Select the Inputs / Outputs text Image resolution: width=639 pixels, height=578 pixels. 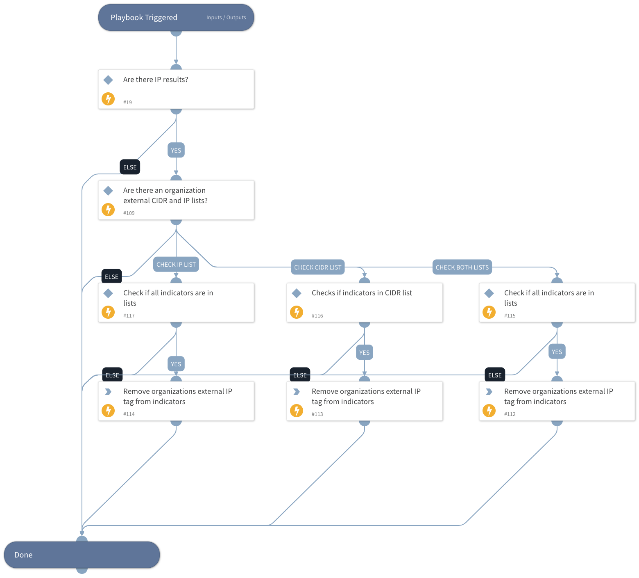click(x=226, y=18)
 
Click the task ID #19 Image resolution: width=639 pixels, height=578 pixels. click(x=127, y=103)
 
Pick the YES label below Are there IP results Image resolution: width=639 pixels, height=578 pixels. click(x=176, y=150)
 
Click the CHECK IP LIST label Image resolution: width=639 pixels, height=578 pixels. click(x=176, y=265)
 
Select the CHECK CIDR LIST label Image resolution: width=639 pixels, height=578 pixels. click(x=318, y=267)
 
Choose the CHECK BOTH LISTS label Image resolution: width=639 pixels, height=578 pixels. click(x=462, y=267)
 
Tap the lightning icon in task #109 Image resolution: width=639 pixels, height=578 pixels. click(x=108, y=210)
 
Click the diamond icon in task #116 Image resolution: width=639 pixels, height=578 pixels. click(x=297, y=293)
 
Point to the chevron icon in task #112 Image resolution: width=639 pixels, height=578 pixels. click(x=489, y=392)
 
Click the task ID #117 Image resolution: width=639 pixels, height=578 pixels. click(x=129, y=316)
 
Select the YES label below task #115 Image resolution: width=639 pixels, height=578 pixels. click(x=557, y=352)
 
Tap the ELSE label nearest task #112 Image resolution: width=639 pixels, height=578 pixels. click(x=495, y=375)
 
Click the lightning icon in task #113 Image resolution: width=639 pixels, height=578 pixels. click(x=297, y=410)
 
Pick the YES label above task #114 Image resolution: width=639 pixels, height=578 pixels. click(x=176, y=364)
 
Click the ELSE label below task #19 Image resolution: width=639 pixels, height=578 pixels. click(x=130, y=167)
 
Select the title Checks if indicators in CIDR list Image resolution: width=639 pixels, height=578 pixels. click(x=362, y=293)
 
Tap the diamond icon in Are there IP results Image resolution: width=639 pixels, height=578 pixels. click(x=108, y=80)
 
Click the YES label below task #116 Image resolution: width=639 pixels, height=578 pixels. click(x=365, y=352)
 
